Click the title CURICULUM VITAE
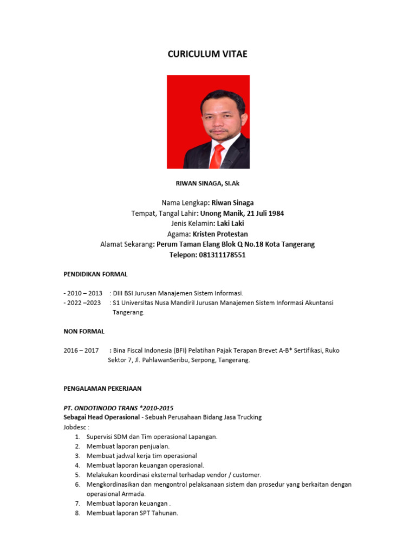tap(207, 54)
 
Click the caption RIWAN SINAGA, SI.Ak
tap(208, 184)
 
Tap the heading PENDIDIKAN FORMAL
tap(95, 274)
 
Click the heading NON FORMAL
tap(84, 331)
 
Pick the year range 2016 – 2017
tap(81, 351)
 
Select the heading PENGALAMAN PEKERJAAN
tap(102, 389)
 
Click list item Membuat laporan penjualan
tap(128, 446)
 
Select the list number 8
tap(77, 513)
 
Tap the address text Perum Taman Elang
tap(189, 244)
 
